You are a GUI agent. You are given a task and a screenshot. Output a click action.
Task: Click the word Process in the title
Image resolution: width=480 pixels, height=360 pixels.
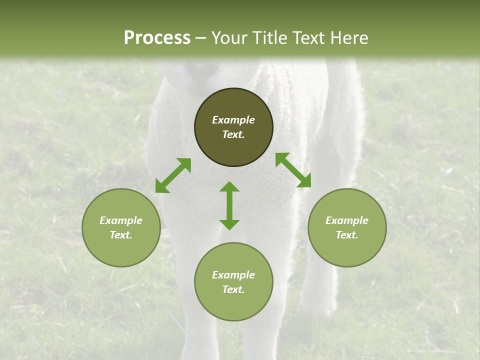tap(157, 38)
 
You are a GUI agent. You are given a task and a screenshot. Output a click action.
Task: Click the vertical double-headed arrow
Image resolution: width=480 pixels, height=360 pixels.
tap(229, 205)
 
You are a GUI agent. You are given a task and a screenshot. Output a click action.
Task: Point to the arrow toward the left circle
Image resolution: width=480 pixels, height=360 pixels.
tap(173, 175)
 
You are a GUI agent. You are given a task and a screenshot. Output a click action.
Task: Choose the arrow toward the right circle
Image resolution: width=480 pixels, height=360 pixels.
tap(293, 170)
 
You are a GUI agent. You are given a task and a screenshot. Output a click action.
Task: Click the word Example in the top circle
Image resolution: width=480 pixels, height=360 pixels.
tap(233, 120)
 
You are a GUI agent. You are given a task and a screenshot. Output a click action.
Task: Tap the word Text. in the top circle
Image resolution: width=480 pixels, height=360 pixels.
tap(233, 134)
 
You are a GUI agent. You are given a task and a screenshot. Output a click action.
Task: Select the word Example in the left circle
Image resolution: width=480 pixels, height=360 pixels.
tap(121, 220)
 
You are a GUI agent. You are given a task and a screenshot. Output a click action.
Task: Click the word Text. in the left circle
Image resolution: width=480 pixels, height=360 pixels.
tap(121, 235)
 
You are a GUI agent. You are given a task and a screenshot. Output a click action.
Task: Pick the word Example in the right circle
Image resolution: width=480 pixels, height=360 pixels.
tap(347, 220)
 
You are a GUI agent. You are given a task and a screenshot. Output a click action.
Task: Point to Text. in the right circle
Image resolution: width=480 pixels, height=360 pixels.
tap(347, 235)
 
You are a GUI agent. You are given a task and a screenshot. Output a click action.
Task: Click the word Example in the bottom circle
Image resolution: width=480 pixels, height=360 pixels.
tap(233, 275)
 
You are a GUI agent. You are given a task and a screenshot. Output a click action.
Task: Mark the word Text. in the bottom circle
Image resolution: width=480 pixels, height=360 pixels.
tap(233, 289)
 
